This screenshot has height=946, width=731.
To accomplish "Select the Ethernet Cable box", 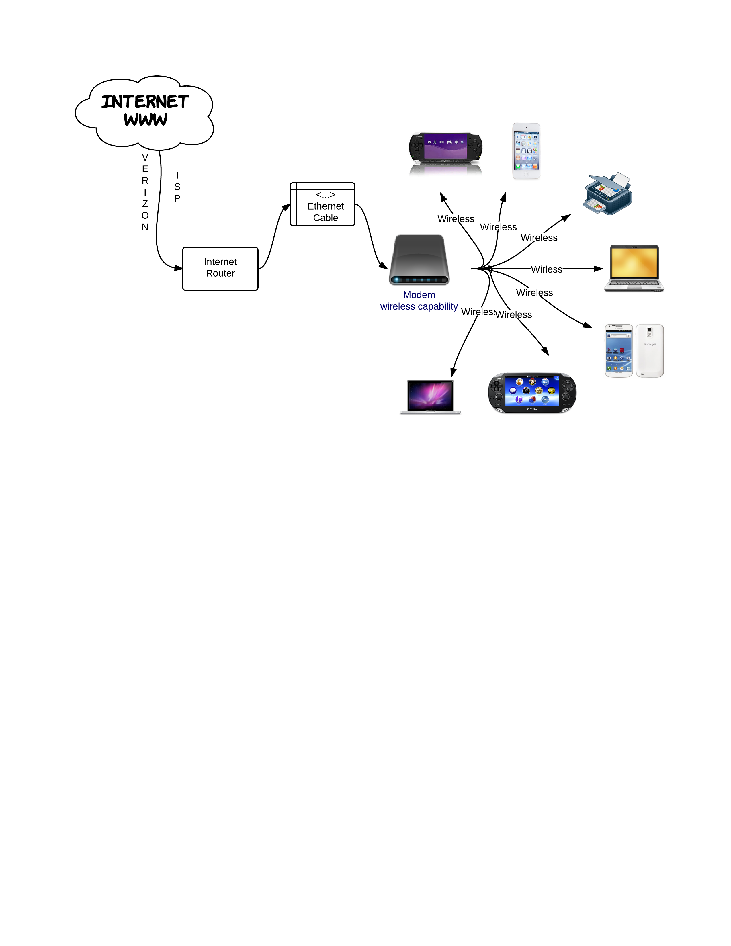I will (x=322, y=204).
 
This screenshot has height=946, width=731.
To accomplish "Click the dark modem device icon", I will (x=419, y=260).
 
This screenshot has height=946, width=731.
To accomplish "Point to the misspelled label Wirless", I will (x=546, y=269).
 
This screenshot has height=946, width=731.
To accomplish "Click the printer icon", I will (x=607, y=194).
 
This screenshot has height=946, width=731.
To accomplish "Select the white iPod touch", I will (x=526, y=151).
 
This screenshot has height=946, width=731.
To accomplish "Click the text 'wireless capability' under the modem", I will (x=419, y=307).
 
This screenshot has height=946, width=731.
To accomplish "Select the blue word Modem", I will (x=419, y=295).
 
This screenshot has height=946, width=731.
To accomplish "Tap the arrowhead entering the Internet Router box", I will (x=178, y=268).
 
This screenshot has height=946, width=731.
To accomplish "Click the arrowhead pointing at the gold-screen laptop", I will (x=599, y=269).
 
